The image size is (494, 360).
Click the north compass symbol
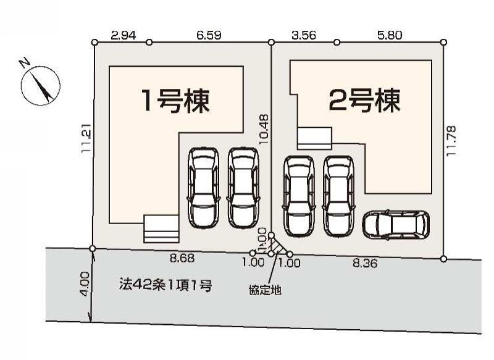coord(40,85)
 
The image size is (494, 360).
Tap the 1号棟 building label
coord(176,101)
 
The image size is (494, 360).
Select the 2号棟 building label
coord(364,100)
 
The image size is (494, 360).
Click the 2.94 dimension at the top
coord(124,35)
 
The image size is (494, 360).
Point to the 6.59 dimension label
coord(209,35)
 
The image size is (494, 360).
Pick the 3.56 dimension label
coord(304,35)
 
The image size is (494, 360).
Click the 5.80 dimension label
coord(390,35)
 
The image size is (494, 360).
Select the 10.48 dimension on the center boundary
coord(264,129)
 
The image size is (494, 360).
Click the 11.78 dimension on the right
coord(451,140)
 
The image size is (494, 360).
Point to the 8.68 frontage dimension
coord(182,258)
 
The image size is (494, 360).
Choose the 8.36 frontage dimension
coord(365,262)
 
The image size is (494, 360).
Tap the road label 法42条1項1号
coord(165,285)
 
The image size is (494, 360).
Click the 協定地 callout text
coord(265,290)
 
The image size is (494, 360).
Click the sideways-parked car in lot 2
coord(396,224)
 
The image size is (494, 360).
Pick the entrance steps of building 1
coord(161,229)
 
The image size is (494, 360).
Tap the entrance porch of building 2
coord(314,138)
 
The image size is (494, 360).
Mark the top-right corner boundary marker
coord(443,42)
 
